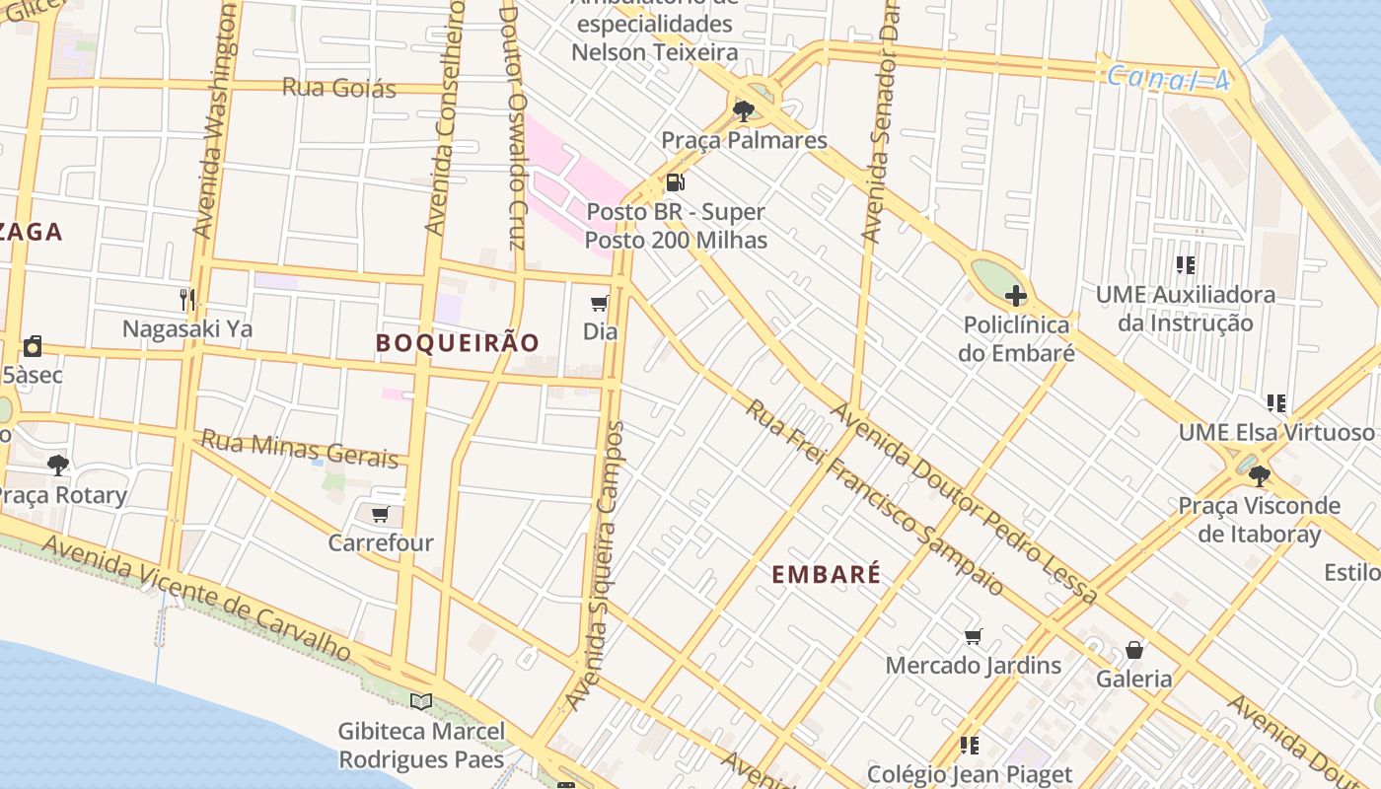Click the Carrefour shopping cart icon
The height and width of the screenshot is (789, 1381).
(380, 514)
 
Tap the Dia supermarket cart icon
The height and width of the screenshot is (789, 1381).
(599, 303)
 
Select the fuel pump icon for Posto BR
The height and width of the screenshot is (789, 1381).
(675, 181)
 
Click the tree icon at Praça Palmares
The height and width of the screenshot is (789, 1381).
(744, 109)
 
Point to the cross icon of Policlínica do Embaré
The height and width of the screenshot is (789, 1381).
(1015, 295)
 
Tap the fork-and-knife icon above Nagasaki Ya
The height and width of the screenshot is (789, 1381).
(187, 299)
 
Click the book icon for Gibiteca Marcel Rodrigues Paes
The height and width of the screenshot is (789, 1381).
(421, 701)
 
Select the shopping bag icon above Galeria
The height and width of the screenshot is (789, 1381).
(1134, 650)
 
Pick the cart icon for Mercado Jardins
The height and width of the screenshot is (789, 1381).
(974, 636)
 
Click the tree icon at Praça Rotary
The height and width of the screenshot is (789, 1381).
(58, 465)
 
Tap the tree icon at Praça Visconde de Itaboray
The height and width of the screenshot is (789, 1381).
(1259, 476)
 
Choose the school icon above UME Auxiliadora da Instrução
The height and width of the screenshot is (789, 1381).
(1186, 264)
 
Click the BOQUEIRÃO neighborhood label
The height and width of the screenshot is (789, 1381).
(458, 342)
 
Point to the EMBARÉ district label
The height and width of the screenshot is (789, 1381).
(826, 574)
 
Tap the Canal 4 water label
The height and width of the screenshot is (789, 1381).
(1168, 79)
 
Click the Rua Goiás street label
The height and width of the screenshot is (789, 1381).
(338, 88)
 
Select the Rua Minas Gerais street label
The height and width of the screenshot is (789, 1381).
(300, 449)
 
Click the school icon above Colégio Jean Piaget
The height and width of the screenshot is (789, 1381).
(970, 745)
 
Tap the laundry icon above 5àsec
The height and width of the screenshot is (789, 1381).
(33, 346)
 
